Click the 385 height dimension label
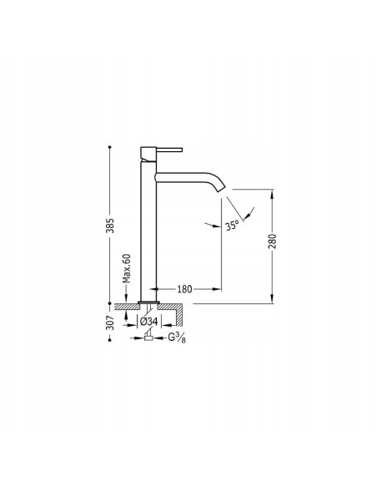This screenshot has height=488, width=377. (110, 226)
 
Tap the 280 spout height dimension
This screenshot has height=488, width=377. (272, 241)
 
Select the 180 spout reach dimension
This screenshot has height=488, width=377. (184, 289)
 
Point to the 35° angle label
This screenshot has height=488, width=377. (232, 225)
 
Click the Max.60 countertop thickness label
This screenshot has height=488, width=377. (126, 268)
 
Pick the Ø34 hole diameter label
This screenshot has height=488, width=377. (149, 322)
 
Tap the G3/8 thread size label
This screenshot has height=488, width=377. (177, 338)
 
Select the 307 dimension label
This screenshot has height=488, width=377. (110, 323)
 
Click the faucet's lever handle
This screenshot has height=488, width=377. (169, 150)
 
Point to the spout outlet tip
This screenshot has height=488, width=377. (222, 188)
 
